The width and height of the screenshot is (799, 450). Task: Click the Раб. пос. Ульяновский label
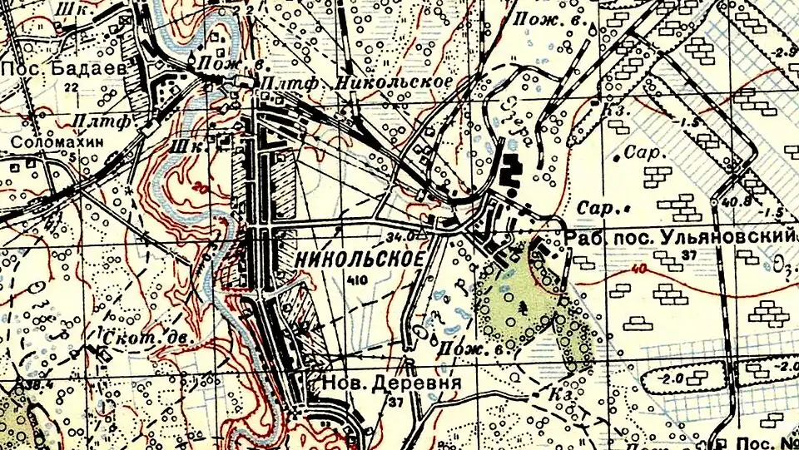tap(679, 237)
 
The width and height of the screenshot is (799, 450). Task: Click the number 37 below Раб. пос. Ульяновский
tap(687, 255)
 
